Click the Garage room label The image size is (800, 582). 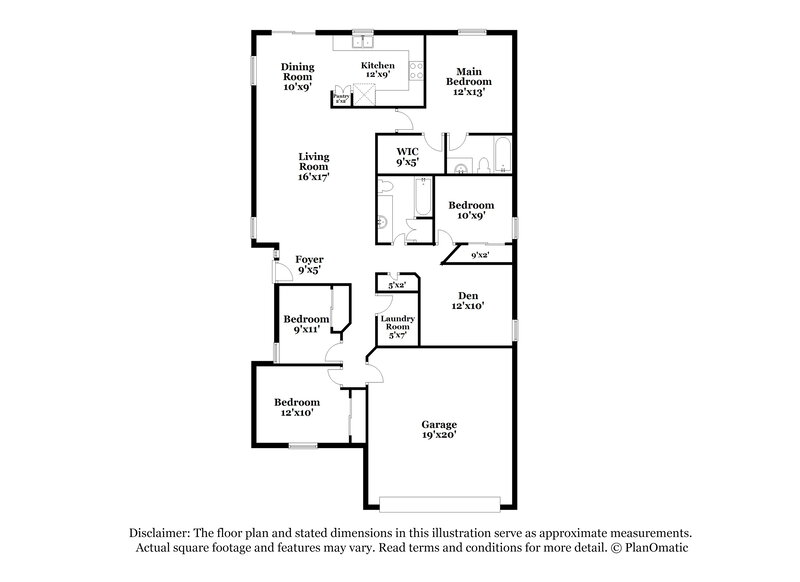pyautogui.click(x=440, y=430)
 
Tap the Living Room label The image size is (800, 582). pyautogui.click(x=313, y=166)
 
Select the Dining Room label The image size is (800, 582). pyautogui.click(x=297, y=76)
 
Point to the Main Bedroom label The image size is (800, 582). pyautogui.click(x=470, y=82)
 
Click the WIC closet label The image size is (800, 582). pyautogui.click(x=406, y=155)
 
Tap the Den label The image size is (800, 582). pyautogui.click(x=469, y=301)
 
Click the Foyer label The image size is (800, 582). pyautogui.click(x=309, y=264)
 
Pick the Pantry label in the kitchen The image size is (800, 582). pyautogui.click(x=341, y=98)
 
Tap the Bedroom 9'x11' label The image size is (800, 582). pyautogui.click(x=306, y=324)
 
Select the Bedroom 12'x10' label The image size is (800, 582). pyautogui.click(x=295, y=408)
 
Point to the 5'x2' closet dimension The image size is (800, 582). pyautogui.click(x=396, y=285)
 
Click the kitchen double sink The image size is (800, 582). pyautogui.click(x=362, y=44)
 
